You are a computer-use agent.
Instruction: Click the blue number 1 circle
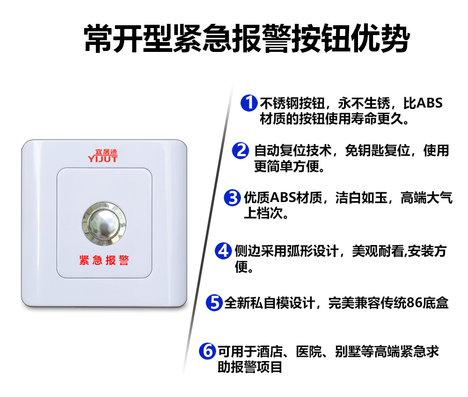pos(249,103)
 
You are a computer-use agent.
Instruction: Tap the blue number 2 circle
pos(241,150)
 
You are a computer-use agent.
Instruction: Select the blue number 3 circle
pos(232,198)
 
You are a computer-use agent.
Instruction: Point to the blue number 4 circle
pos(223,251)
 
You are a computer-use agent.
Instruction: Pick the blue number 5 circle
pos(214,303)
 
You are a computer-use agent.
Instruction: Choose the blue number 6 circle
pos(207,351)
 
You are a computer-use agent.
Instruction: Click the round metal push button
pos(104,224)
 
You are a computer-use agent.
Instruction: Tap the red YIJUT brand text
pos(102,159)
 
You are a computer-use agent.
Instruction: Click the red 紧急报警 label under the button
pos(104,260)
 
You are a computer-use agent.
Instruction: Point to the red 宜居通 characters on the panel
pos(106,152)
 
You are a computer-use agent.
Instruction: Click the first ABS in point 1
pos(430,103)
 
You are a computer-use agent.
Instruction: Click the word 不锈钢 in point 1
pos(279,103)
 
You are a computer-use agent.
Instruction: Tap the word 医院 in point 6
pos(309,351)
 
